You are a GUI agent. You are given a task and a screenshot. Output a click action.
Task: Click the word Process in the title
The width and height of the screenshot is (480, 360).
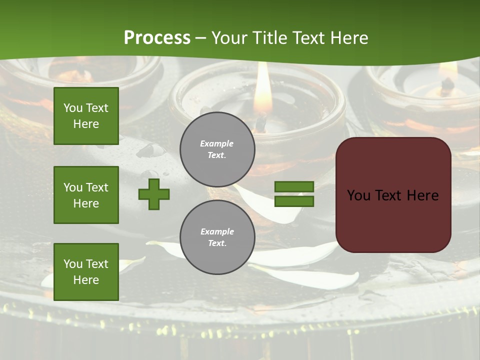[157, 38]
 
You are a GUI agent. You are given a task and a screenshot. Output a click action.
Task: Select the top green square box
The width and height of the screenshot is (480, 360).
[86, 116]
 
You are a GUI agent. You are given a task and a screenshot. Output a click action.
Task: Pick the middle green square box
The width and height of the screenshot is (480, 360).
[86, 195]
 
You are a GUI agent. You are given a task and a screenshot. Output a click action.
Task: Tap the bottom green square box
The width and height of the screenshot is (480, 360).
[86, 271]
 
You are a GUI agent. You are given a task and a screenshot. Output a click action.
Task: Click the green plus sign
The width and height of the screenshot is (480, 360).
[154, 194]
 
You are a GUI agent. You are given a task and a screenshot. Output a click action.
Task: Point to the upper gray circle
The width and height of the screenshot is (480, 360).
[217, 149]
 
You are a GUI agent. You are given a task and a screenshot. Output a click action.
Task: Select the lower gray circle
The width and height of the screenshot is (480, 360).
[217, 237]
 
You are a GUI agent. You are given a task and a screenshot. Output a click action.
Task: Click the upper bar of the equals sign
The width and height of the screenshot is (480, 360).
[294, 186]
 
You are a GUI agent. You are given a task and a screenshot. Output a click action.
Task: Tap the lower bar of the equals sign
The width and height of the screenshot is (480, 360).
[294, 201]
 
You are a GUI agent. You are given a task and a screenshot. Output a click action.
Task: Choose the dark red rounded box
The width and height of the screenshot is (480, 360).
[393, 195]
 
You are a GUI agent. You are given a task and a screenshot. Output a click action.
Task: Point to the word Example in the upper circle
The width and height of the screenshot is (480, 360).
[217, 143]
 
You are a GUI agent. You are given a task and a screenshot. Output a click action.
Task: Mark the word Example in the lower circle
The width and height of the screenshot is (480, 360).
[217, 231]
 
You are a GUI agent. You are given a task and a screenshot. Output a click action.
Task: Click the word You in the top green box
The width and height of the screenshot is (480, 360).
[72, 108]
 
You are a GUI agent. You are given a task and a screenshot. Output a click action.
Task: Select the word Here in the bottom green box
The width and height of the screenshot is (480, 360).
[86, 280]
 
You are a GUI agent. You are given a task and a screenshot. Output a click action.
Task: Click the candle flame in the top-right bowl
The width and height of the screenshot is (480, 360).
[448, 70]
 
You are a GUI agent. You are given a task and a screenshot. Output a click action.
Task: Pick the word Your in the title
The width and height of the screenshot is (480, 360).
[231, 38]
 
